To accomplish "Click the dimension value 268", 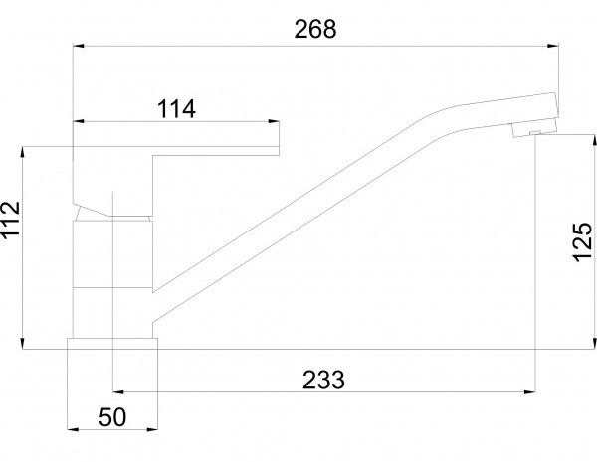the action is click(315, 29).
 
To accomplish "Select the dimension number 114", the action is click(176, 109).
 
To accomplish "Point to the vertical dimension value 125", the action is click(582, 242).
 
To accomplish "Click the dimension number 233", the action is click(323, 380).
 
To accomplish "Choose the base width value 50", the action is click(111, 417).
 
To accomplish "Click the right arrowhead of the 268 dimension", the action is click(553, 46).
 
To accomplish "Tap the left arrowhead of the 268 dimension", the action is click(79, 46).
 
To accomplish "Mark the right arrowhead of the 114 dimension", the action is click(274, 121).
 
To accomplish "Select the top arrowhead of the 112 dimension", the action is click(23, 152).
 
